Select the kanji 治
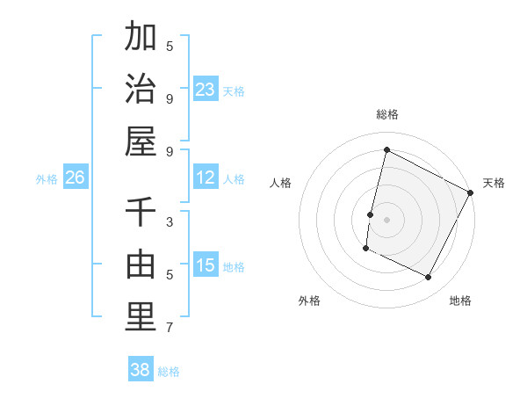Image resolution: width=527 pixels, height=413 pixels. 141,89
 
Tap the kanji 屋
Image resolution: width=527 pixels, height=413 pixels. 141,141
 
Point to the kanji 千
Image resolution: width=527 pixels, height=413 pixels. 141,212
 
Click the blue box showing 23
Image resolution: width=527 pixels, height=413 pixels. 206,89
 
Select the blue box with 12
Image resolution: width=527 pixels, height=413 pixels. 206,178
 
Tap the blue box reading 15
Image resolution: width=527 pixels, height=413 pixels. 206,265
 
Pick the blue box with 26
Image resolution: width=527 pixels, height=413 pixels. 75,178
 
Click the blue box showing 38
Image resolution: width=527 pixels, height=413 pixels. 141,370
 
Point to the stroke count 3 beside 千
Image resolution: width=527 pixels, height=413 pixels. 170,222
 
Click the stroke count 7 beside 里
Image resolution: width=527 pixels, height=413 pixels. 170,328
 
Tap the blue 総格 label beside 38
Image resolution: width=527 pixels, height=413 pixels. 169,372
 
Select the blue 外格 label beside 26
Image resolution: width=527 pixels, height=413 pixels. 47,179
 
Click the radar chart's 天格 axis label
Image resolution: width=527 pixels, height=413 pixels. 494,183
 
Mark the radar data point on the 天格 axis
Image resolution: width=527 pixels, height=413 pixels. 471,192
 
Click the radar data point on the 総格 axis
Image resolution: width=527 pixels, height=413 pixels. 386,150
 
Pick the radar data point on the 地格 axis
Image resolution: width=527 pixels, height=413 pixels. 429,278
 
